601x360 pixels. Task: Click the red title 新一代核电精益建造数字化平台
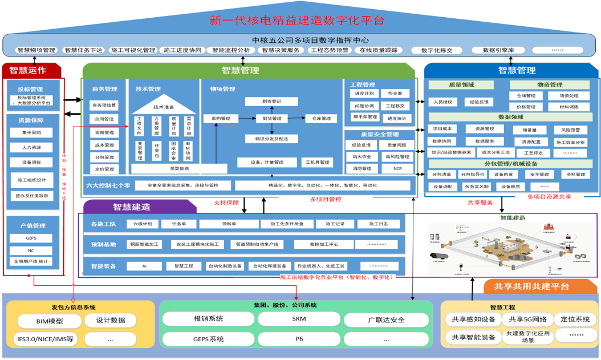(x=297, y=21)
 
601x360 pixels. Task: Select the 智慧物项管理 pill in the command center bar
(x=36, y=50)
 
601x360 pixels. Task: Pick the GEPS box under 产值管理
(x=31, y=238)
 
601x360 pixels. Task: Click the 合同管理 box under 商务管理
(x=104, y=119)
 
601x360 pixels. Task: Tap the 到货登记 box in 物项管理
(x=271, y=102)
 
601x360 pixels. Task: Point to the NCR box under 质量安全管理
(x=397, y=169)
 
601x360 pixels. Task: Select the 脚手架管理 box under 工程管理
(x=363, y=118)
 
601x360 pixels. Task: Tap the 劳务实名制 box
(x=476, y=187)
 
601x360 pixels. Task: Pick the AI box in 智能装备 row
(x=144, y=266)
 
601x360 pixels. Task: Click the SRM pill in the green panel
(x=299, y=319)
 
